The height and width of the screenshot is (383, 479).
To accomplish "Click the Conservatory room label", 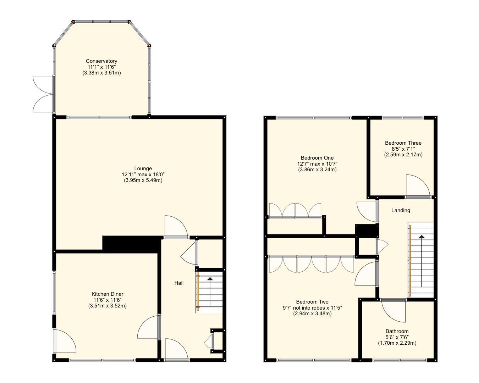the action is tap(101, 61).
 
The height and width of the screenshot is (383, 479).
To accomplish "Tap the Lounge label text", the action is tap(143, 168).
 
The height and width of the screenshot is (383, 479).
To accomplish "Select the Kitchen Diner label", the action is tap(108, 294).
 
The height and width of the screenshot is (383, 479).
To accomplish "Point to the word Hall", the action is tap(179, 283).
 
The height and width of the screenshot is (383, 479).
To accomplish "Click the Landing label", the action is tap(401, 210).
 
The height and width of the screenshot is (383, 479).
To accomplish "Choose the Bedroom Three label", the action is tap(403, 143).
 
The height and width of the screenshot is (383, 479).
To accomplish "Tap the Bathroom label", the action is tap(397, 331).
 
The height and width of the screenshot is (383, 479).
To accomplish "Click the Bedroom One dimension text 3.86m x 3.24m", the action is tap(317, 170).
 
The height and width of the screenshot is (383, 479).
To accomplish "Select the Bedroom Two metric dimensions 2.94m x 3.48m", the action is tap(312, 313).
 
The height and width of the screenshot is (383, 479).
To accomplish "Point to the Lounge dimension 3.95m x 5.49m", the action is tap(143, 180).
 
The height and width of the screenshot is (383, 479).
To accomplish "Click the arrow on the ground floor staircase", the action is tap(210, 292).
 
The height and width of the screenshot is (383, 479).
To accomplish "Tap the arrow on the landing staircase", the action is tap(422, 261).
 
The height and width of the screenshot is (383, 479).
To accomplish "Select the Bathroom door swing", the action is tap(393, 310).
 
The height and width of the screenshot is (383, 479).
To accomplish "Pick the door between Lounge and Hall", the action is tap(176, 227).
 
